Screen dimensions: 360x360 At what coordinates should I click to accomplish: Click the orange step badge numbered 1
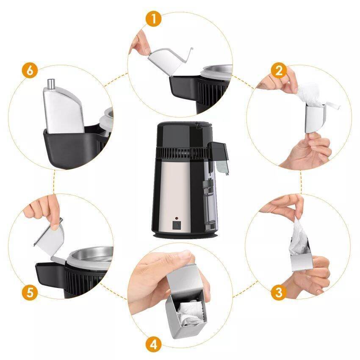[x=154, y=19]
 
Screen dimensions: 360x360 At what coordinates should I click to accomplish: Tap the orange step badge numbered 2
[x=279, y=71]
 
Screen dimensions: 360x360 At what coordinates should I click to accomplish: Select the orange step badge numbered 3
[x=279, y=293]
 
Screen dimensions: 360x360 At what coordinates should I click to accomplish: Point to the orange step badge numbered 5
[x=30, y=293]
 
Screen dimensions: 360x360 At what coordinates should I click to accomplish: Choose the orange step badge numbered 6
[x=30, y=71]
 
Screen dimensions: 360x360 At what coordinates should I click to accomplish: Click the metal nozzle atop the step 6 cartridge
[x=51, y=84]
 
